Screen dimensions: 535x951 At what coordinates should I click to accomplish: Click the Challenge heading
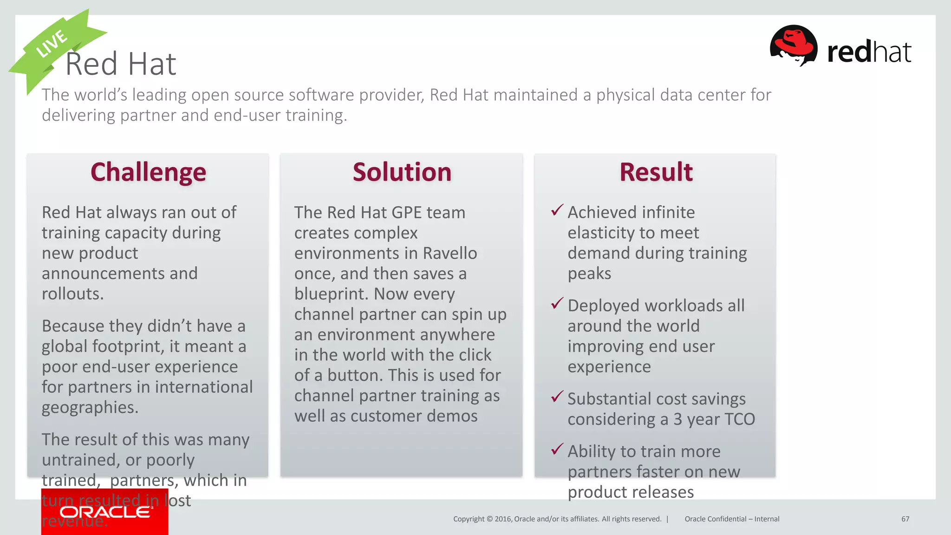148,172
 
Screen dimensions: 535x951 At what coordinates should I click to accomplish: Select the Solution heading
402,172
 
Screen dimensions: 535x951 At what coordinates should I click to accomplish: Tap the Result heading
656,172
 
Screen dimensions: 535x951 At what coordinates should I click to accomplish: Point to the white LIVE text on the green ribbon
52,44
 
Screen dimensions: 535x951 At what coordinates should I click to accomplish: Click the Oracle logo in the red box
105,512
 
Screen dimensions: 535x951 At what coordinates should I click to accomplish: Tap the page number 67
905,519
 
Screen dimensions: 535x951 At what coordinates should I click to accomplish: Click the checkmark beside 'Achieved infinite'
557,210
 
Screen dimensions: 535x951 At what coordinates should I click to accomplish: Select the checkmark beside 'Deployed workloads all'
557,304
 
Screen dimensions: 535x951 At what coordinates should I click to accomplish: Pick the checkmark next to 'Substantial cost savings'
557,397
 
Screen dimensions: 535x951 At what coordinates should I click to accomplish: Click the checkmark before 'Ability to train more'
557,450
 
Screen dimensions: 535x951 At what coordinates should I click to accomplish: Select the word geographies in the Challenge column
90,408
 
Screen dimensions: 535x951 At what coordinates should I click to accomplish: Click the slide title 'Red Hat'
121,64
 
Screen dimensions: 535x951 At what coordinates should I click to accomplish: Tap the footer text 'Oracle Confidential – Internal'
732,519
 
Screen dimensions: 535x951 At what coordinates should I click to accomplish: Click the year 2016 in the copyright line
503,519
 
